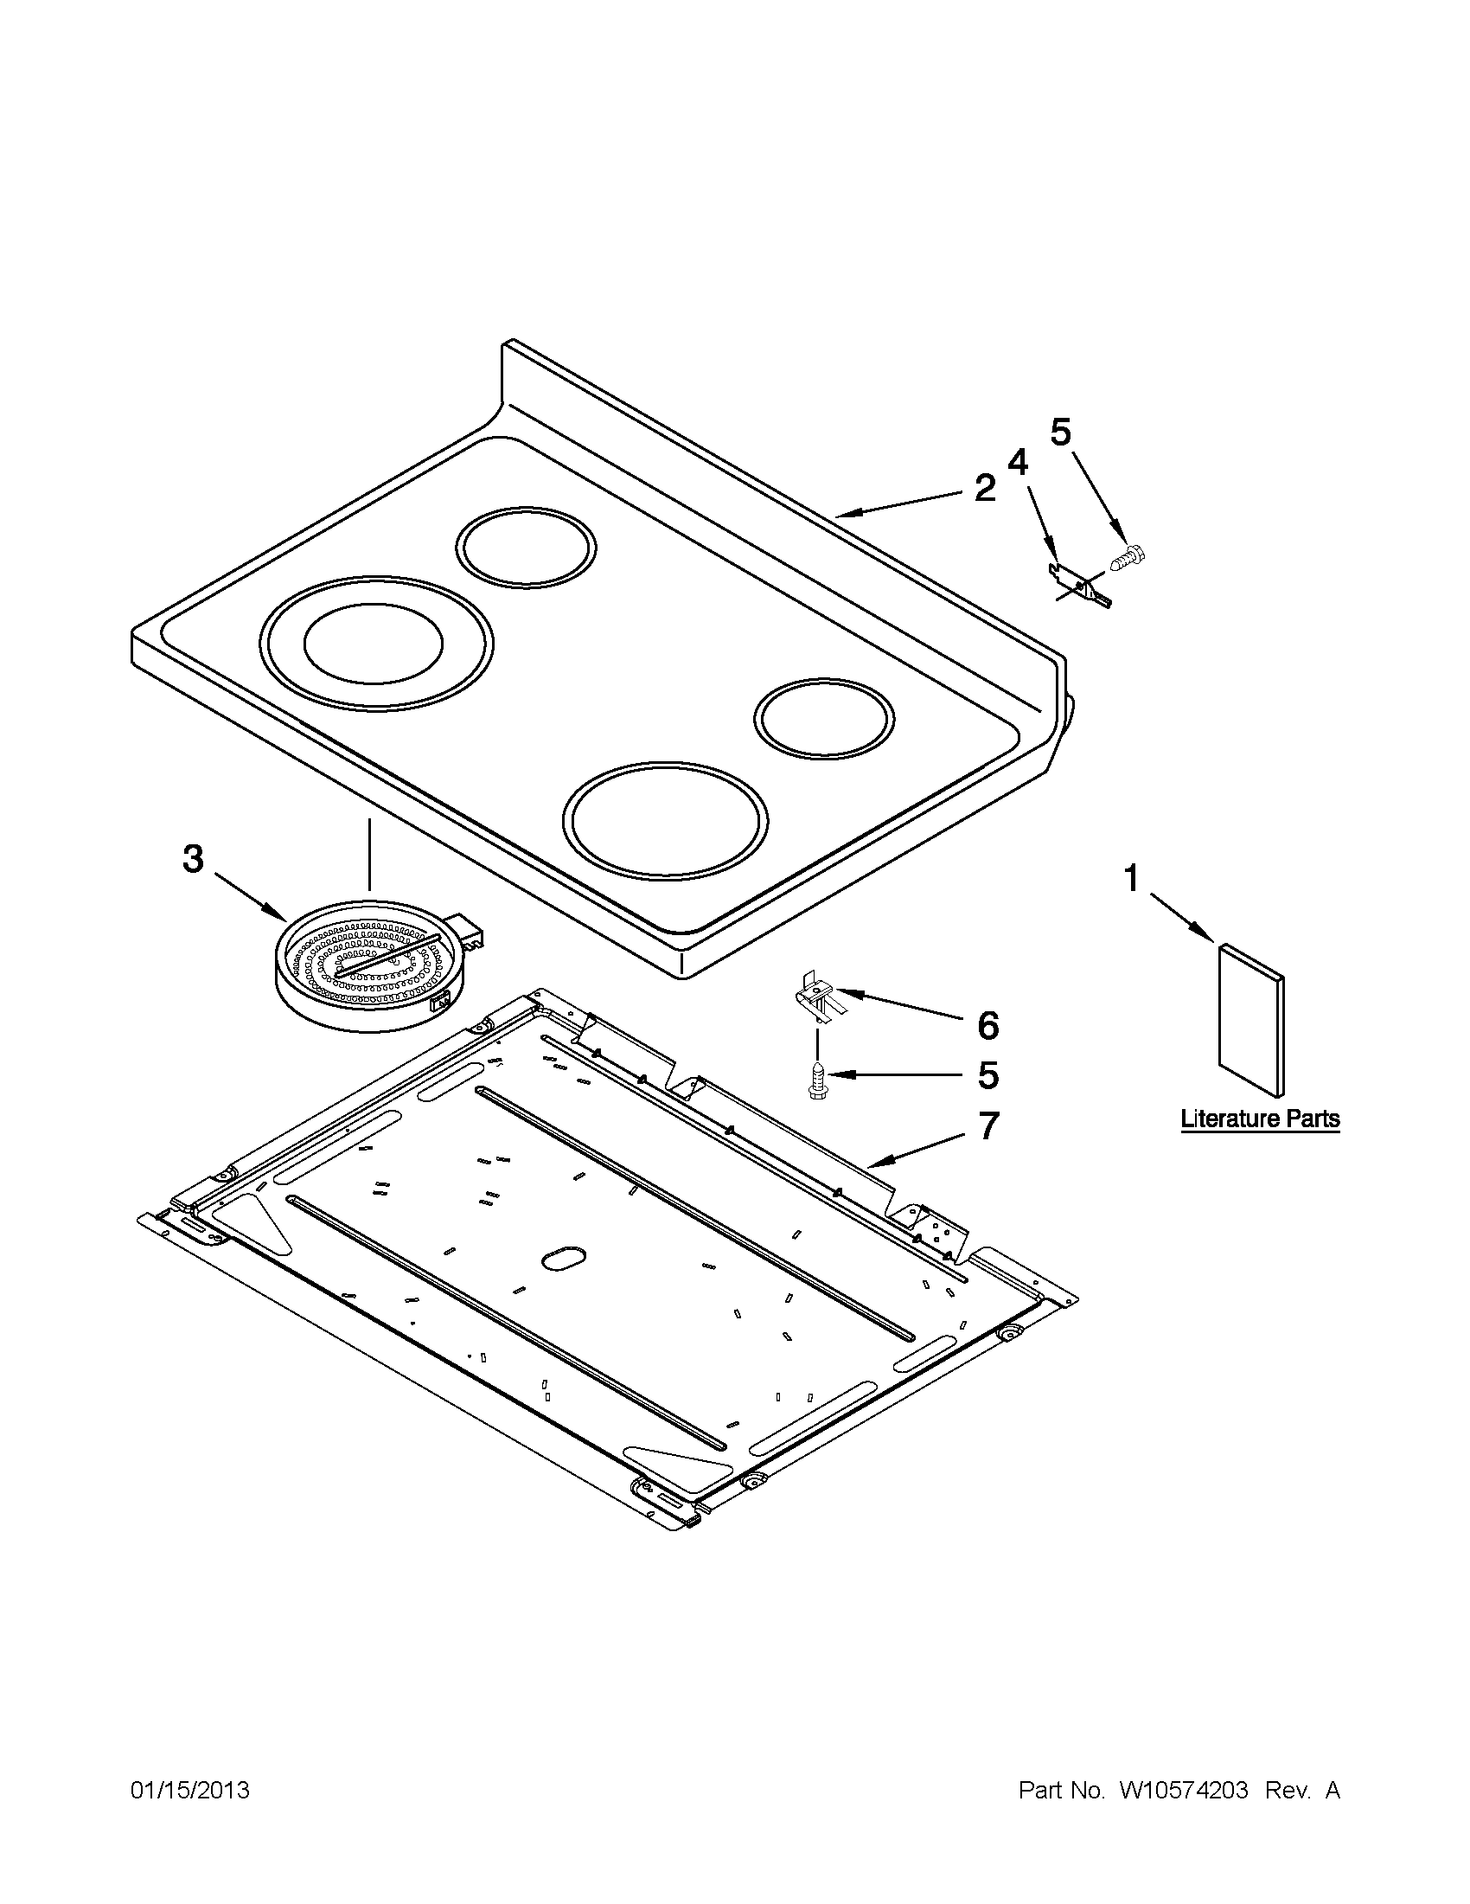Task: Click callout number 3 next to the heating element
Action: [x=194, y=859]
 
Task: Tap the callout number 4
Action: [x=1017, y=462]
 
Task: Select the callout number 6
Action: [x=987, y=1026]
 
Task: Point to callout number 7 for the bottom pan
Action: [x=987, y=1125]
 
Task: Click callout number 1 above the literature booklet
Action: [x=1131, y=878]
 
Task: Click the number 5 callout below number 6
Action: [x=987, y=1076]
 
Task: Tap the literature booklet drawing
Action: [x=1250, y=1019]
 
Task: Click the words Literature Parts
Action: [x=1260, y=1119]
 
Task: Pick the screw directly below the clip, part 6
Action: [x=816, y=1081]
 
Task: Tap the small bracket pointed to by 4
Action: [x=1079, y=584]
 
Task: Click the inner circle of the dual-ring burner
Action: [x=373, y=643]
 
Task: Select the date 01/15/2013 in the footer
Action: [x=191, y=1791]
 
